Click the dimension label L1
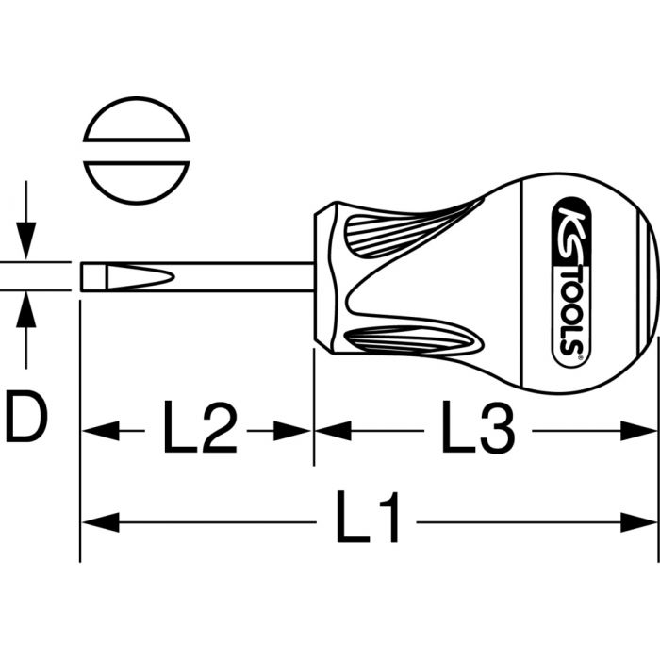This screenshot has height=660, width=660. pos(368,517)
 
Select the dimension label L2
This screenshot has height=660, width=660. pos(200,427)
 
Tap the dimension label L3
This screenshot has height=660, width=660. pos(478,427)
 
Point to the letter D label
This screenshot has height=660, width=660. pos(27,416)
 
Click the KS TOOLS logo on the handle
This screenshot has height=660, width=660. pos(571,282)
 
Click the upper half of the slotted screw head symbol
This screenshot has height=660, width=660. pos(137,119)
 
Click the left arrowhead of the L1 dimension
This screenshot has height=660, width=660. pos(100,522)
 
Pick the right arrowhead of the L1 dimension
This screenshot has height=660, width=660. pos(638,522)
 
